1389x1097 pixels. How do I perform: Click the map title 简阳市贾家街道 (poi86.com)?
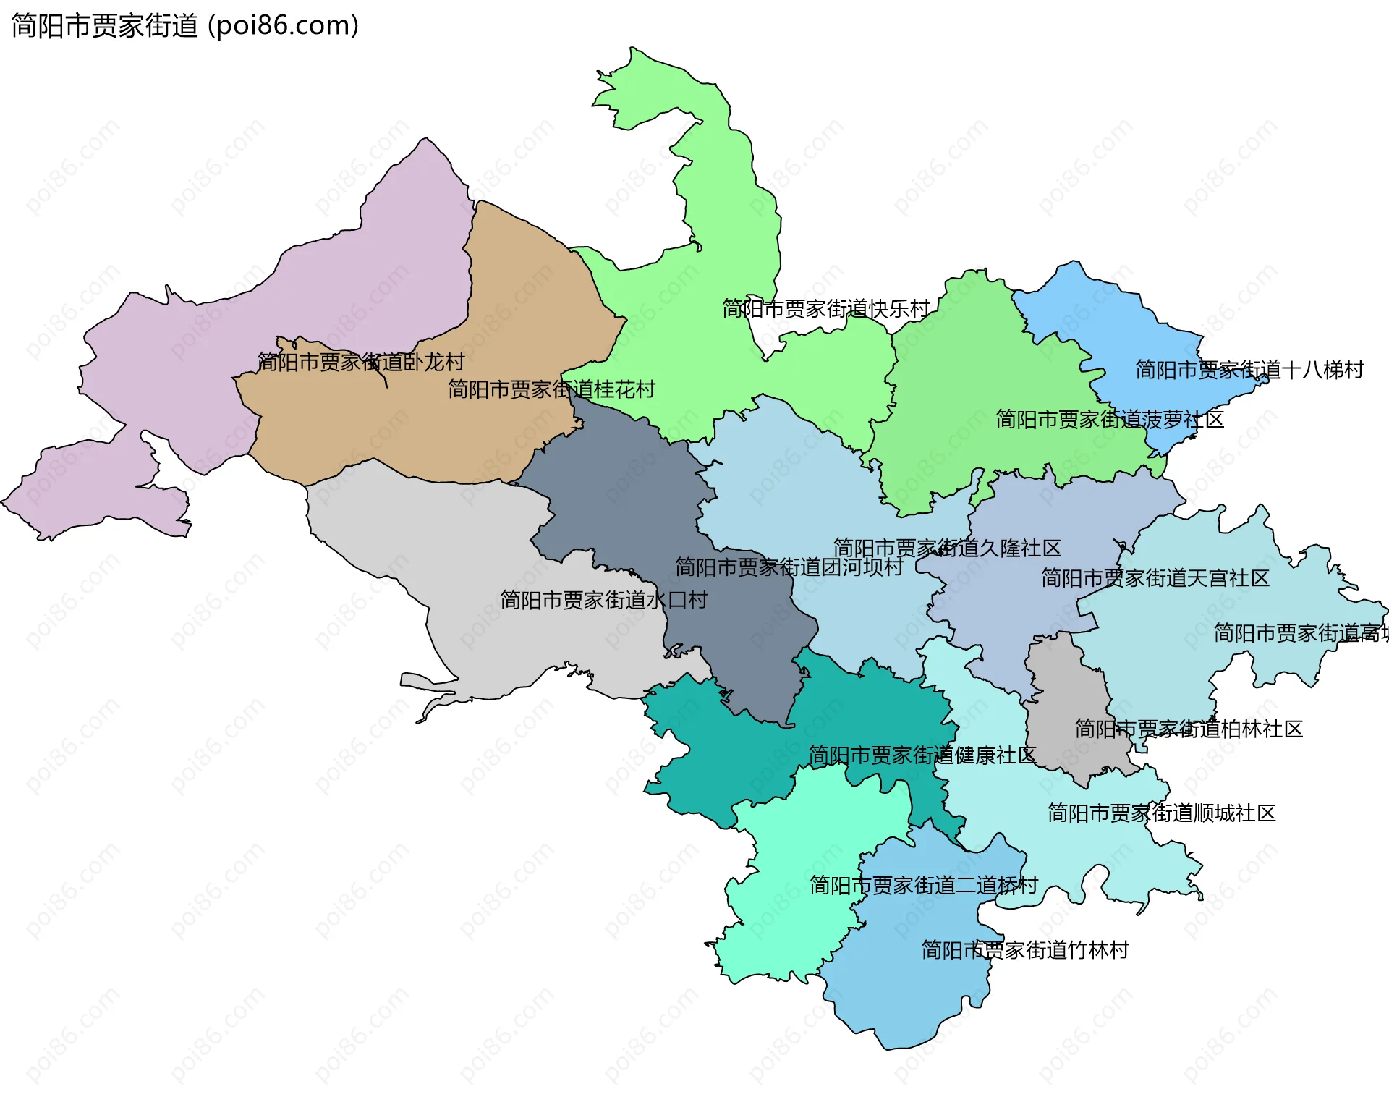tap(185, 26)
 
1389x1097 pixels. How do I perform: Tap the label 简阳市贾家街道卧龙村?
tap(361, 362)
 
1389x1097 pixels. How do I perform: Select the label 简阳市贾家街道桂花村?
tap(551, 389)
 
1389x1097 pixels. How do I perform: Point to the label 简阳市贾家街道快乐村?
tap(826, 309)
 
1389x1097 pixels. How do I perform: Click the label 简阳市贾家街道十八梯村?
tap(1249, 370)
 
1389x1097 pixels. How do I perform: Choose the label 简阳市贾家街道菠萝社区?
tap(1110, 419)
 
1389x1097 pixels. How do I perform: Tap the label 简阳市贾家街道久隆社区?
tap(947, 548)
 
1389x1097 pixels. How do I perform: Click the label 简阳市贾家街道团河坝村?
tap(789, 567)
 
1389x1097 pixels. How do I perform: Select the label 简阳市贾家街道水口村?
tap(603, 600)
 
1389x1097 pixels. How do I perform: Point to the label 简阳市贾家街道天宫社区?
tap(1155, 578)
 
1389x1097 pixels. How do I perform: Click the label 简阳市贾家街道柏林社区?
tap(1189, 729)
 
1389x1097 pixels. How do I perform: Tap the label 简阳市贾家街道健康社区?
tap(922, 755)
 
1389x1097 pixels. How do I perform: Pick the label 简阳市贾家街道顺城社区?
tap(1162, 813)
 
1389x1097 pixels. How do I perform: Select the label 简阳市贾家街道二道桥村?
tap(924, 885)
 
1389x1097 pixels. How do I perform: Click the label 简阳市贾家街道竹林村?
tap(1025, 950)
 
